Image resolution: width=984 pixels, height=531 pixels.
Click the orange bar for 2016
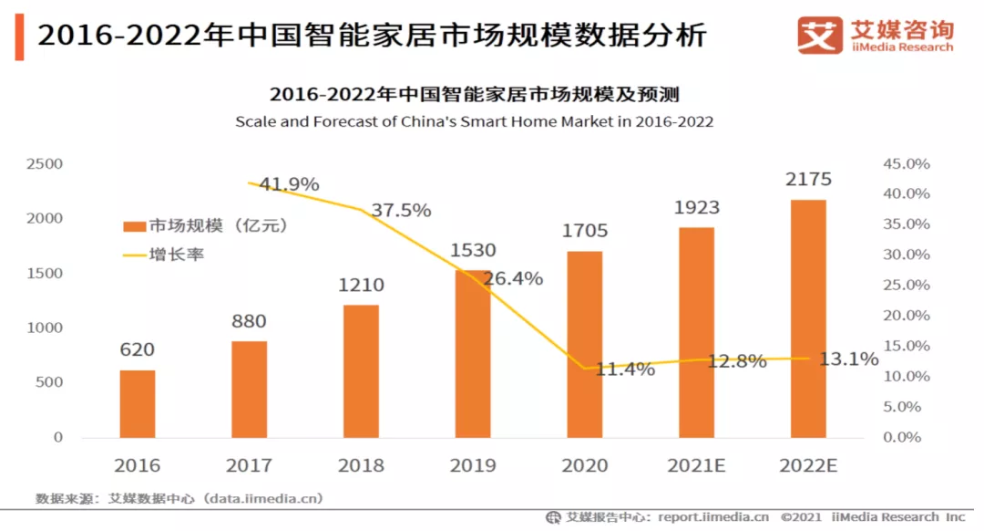(x=138, y=403)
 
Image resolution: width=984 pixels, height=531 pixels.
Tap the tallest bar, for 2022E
(x=808, y=318)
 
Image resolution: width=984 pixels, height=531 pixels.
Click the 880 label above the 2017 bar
(x=249, y=321)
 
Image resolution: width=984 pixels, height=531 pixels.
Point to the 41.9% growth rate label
(x=289, y=184)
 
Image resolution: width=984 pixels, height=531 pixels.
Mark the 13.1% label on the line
(x=848, y=359)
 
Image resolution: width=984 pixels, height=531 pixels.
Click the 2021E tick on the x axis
(x=696, y=465)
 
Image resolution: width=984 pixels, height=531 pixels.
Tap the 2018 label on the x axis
(x=361, y=465)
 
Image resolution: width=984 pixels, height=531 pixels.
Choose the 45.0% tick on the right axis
(x=906, y=164)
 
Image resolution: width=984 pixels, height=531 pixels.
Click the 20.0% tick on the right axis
(x=906, y=316)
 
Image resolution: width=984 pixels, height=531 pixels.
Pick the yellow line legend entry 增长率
(x=164, y=255)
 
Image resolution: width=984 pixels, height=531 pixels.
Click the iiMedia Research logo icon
(x=819, y=35)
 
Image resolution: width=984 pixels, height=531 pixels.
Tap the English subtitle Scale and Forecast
(x=474, y=121)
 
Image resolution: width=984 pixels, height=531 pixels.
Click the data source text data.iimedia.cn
(x=263, y=498)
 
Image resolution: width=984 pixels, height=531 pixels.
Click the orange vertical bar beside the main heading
(x=19, y=36)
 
